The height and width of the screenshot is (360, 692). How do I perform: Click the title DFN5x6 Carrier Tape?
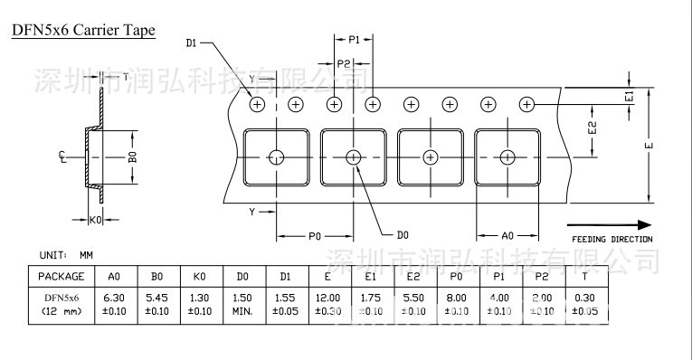pos(83,31)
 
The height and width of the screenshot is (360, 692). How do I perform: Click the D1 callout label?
pos(191,43)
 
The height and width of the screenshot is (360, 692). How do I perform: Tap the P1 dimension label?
pos(354,40)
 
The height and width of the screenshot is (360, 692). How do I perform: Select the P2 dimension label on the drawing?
pos(344,63)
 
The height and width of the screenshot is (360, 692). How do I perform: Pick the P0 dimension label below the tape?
pos(315,235)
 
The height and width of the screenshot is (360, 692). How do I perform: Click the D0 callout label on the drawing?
pos(403,235)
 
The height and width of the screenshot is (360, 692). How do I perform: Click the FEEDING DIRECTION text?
pos(611,239)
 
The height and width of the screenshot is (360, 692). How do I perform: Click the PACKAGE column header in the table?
pos(62,276)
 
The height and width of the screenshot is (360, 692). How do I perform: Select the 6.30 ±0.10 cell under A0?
pos(114,304)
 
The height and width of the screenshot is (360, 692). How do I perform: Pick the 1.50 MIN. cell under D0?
pos(242,304)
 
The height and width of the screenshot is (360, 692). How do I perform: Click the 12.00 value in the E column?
pos(327,298)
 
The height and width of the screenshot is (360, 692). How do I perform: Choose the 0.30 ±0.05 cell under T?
pos(585,304)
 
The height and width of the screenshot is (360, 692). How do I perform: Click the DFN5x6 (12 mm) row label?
pos(62,304)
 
